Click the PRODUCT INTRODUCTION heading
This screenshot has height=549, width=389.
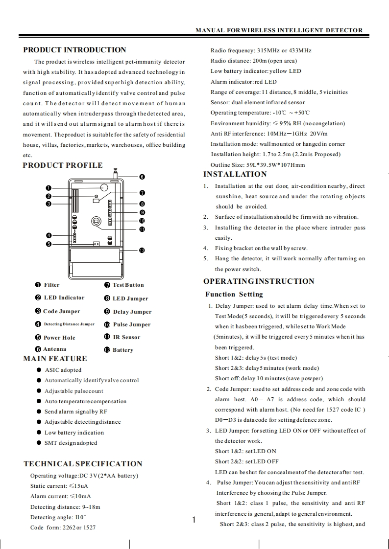[74, 50]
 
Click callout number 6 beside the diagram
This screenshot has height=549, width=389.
[142, 177]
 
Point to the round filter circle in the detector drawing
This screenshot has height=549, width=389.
[104, 188]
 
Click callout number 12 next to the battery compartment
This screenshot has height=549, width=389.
[142, 250]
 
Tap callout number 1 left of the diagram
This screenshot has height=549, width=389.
[49, 188]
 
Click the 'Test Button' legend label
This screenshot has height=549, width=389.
[128, 285]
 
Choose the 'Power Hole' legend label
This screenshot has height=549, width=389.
[59, 338]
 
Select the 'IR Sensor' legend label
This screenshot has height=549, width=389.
[126, 337]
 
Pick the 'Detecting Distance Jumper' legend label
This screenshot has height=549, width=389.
[69, 324]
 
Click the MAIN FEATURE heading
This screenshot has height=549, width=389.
[55, 359]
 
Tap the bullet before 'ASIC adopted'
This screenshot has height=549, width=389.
[39, 370]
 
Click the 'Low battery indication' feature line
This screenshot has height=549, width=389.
[74, 433]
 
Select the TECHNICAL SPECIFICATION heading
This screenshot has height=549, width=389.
[83, 464]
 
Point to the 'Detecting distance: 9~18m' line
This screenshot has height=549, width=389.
[65, 507]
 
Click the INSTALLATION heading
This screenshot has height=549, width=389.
[235, 174]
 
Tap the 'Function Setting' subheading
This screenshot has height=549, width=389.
[234, 294]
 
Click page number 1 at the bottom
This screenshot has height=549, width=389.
[194, 520]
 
